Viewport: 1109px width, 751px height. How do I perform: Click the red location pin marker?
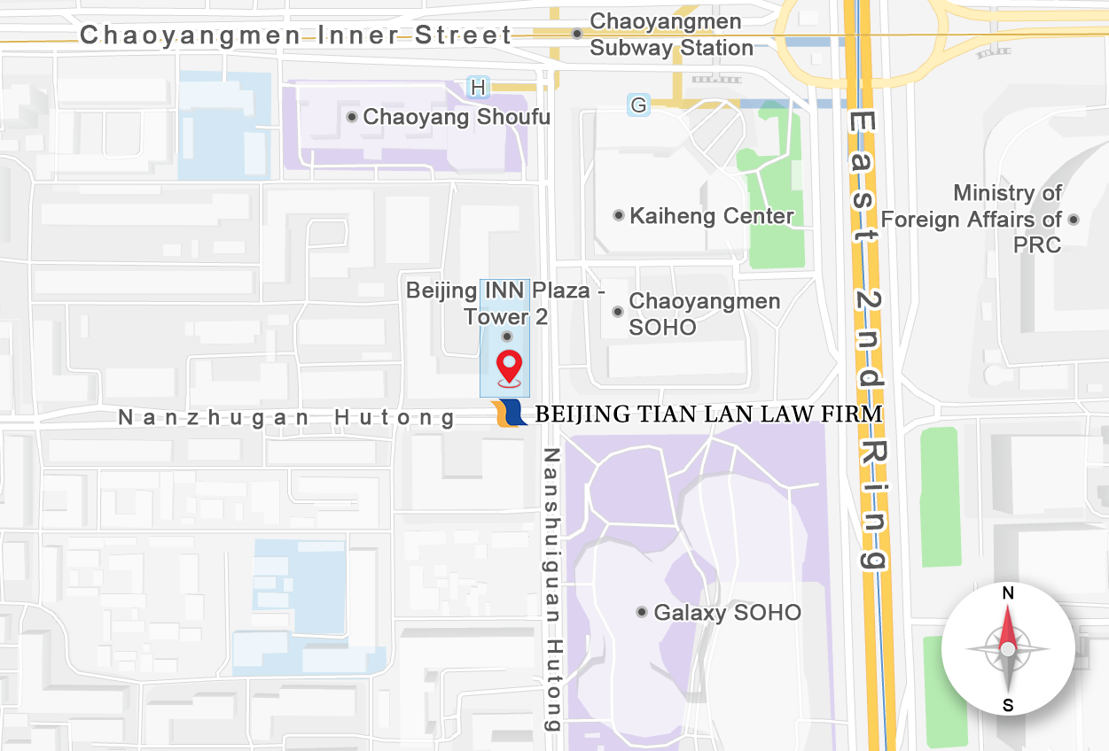pos(509,366)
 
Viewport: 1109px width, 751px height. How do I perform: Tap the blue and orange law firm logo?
pos(510,414)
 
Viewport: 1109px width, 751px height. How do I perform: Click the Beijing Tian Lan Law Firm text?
pos(708,414)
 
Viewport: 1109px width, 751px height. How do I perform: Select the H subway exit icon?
pos(479,87)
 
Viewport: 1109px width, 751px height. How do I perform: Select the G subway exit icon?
pos(637,105)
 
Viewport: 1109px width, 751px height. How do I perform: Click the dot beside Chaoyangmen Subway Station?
pos(576,34)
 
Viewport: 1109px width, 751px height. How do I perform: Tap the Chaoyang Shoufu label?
pos(457,117)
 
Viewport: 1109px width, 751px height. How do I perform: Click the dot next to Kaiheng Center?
pos(619,215)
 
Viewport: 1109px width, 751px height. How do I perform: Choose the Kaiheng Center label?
pos(712,215)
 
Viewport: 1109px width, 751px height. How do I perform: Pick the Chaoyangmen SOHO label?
pos(704,314)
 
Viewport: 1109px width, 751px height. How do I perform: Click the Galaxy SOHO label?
pos(727,612)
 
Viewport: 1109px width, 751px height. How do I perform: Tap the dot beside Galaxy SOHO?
pos(642,612)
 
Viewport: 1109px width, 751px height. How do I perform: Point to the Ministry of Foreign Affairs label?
pos(972,219)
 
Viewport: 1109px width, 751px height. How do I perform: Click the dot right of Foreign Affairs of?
pos(1074,219)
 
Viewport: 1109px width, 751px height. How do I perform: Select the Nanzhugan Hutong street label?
pos(287,417)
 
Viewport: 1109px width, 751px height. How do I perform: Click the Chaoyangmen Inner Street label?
pos(296,35)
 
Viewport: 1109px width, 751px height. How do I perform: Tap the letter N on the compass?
pos(1008,593)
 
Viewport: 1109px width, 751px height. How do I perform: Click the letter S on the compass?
pos(1008,706)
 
